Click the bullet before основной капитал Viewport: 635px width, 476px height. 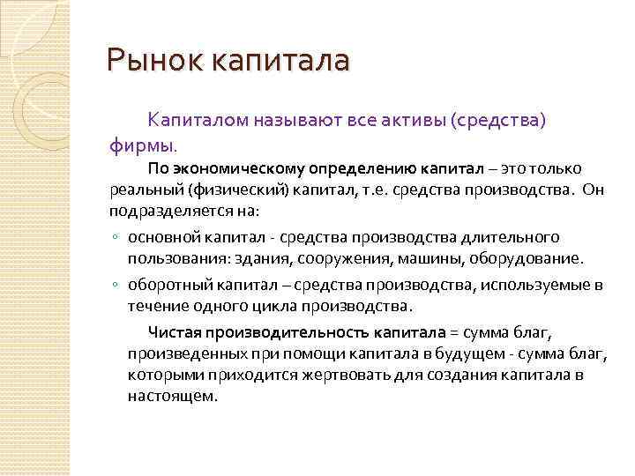click(116, 238)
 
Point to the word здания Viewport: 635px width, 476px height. click(265, 259)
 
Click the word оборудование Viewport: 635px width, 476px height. click(530, 259)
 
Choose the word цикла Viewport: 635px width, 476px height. click(276, 307)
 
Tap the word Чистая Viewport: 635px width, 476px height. click(176, 331)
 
